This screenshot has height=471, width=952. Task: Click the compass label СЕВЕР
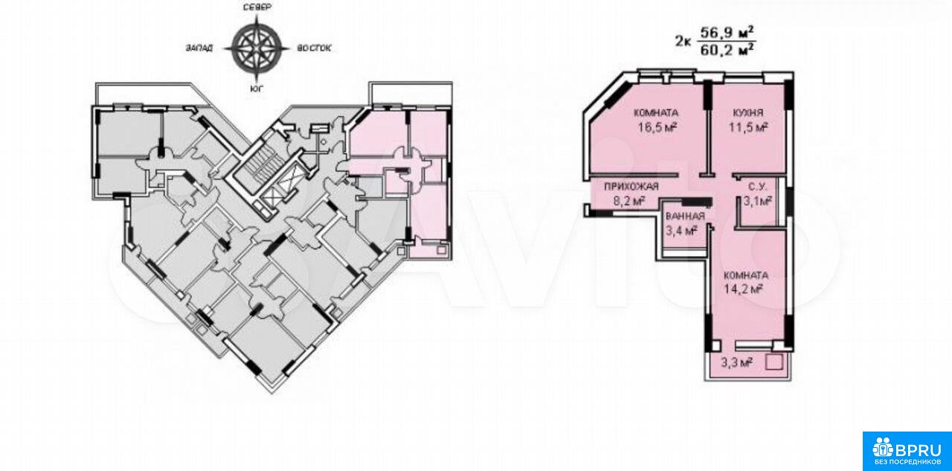click(257, 7)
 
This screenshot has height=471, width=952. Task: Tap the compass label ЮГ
click(256, 89)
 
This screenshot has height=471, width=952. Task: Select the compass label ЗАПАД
click(199, 48)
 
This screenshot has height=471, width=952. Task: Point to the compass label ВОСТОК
click(314, 48)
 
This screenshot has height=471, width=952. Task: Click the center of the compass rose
click(257, 48)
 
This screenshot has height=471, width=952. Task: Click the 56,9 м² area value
click(727, 32)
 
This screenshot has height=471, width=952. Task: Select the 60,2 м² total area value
click(727, 50)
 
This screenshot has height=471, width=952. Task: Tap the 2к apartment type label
click(683, 42)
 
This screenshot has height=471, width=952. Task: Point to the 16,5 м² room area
click(657, 127)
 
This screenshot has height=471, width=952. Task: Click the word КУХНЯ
click(748, 112)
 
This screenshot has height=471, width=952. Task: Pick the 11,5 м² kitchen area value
click(748, 127)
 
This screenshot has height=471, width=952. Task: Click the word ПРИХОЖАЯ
click(631, 186)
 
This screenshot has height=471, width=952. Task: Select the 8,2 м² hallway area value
click(629, 201)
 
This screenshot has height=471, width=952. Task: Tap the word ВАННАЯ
click(685, 216)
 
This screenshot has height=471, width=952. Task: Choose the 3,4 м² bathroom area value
click(681, 231)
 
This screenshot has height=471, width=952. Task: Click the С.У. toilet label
click(757, 186)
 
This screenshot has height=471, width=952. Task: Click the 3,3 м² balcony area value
click(736, 362)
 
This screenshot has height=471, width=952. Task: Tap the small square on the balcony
click(774, 362)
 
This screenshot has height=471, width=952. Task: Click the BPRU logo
click(907, 452)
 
